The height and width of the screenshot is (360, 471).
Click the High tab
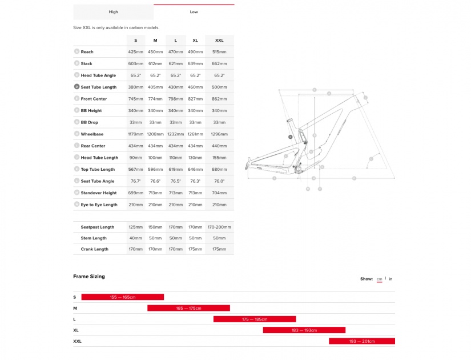point(113,12)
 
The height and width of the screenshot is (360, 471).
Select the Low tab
point(194,12)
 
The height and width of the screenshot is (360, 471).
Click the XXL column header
point(219,41)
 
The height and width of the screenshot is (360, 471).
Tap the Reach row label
point(87,52)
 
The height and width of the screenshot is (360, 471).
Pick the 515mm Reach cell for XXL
point(219,52)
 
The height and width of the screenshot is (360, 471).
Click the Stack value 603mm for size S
point(135,64)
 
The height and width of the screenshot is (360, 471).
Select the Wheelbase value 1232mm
point(175,134)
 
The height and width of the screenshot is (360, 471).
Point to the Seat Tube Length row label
point(98,87)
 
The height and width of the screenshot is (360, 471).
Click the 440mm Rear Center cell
point(219,146)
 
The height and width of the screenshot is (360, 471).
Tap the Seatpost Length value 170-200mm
point(219,227)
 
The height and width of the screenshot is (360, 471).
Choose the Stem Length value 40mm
point(135,238)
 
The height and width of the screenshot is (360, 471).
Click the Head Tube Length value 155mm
point(219,158)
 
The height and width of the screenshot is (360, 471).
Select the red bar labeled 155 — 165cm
point(122,297)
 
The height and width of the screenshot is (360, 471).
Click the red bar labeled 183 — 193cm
point(304,330)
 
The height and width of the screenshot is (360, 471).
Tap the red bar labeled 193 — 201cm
point(361,341)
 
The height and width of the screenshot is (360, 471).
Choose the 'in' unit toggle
point(391,279)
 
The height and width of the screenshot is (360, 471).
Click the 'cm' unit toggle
point(379,279)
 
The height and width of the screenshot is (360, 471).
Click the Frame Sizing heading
point(89,277)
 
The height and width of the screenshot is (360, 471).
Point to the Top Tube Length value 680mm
point(219,170)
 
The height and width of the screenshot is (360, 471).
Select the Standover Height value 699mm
point(135,193)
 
